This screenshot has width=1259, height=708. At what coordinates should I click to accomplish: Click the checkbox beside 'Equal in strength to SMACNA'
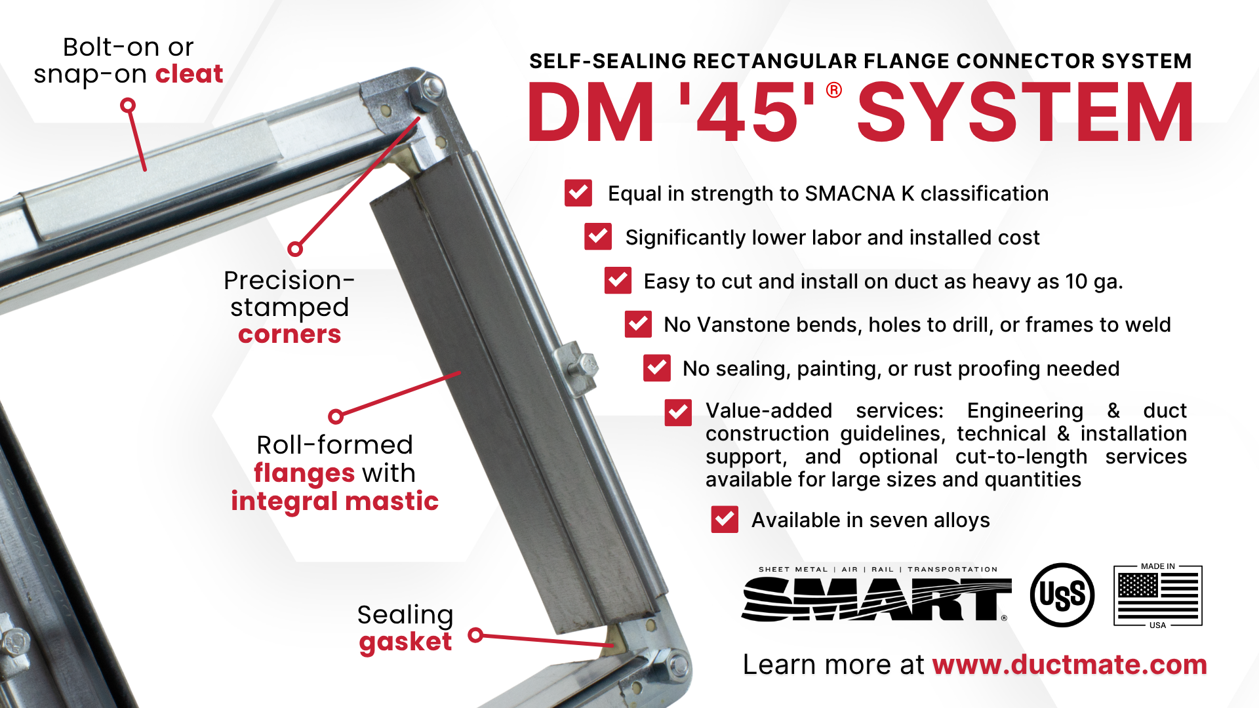pyautogui.click(x=578, y=193)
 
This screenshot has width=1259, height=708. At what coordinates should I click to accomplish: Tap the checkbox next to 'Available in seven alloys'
pyautogui.click(x=725, y=519)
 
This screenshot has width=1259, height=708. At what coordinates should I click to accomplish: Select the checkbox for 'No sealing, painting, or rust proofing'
pyautogui.click(x=657, y=368)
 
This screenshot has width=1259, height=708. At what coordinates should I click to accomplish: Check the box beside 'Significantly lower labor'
pyautogui.click(x=598, y=237)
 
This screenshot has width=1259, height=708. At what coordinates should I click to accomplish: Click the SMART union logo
pyautogui.click(x=877, y=594)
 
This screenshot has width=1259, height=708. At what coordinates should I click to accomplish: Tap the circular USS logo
pyautogui.click(x=1062, y=595)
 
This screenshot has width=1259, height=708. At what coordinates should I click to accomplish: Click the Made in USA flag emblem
pyautogui.click(x=1158, y=595)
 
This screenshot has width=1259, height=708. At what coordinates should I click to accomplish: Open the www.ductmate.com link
pyautogui.click(x=1069, y=665)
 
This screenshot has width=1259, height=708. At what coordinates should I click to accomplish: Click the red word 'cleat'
pyautogui.click(x=189, y=74)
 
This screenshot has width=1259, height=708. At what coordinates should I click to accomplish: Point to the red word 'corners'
pyautogui.click(x=289, y=334)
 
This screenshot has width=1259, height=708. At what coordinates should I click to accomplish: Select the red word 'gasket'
pyautogui.click(x=405, y=642)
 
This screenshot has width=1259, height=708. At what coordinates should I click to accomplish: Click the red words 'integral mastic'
pyautogui.click(x=334, y=501)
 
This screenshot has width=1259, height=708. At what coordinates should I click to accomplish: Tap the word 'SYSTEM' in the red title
pyautogui.click(x=1026, y=112)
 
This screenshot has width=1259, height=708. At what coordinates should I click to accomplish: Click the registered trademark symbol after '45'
pyautogui.click(x=834, y=90)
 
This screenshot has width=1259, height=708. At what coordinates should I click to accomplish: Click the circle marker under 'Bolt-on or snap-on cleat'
pyautogui.click(x=128, y=105)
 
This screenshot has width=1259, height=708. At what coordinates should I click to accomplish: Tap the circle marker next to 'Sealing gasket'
pyautogui.click(x=476, y=635)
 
